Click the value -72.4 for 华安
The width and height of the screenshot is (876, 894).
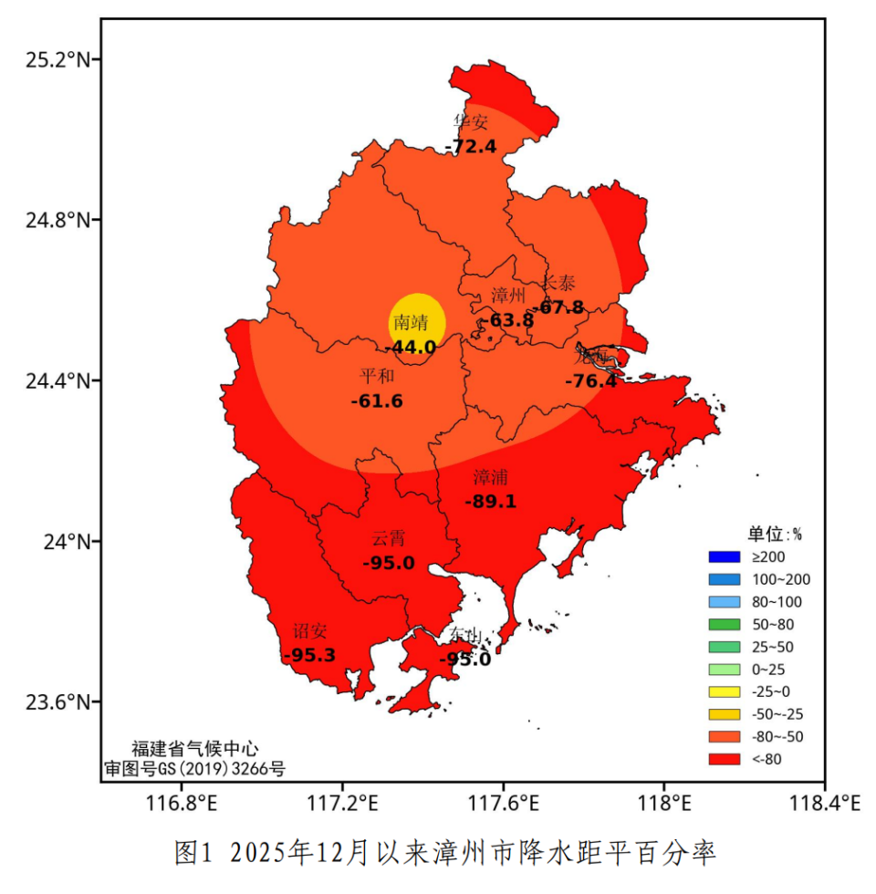coord(471,146)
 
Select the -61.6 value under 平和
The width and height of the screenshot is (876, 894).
coord(377,400)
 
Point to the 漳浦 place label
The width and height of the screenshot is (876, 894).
coord(491,477)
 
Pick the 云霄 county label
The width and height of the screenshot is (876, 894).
coord(389,538)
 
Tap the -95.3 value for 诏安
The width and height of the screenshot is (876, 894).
coord(309,654)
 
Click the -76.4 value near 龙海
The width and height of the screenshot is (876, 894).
coord(590,380)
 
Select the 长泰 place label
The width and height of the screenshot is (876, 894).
coord(559,283)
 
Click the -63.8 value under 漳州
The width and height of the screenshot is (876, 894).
coord(506,320)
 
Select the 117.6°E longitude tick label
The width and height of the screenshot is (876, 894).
coord(503,804)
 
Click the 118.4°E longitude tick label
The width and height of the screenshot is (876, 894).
coord(824,804)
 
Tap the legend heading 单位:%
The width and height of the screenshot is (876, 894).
coord(775,534)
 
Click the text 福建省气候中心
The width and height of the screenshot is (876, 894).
coord(194,749)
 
